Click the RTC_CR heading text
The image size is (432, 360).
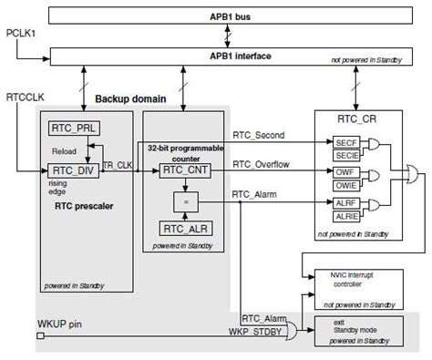pos(357,118)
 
